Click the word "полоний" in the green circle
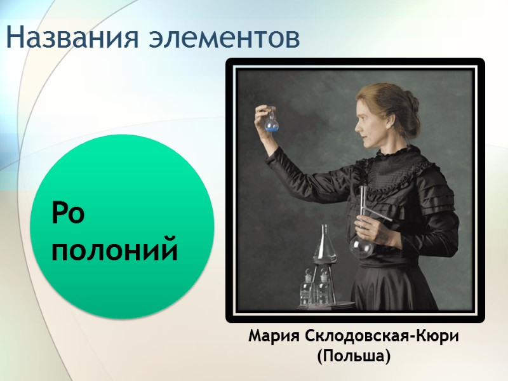coord(114,250)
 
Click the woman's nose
coord(358,121)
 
